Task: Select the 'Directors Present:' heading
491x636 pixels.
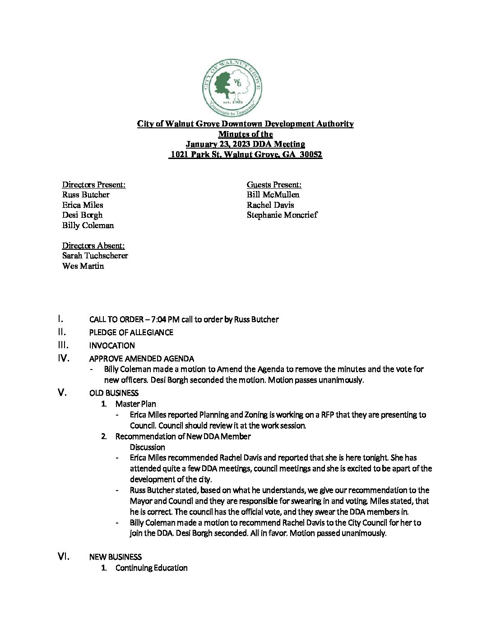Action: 94,184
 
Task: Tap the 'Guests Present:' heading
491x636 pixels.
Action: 274,184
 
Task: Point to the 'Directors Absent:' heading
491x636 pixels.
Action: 93,245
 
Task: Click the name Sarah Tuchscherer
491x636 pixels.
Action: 95,256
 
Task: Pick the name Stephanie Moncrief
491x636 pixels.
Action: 282,215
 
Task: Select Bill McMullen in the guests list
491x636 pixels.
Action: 273,195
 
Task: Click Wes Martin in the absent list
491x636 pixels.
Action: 83,266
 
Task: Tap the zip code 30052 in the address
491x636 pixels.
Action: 311,154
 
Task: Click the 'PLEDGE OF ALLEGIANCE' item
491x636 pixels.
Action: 131,332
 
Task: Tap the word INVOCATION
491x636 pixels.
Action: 112,346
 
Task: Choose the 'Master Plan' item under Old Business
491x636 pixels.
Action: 136,404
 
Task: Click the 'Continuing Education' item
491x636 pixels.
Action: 152,568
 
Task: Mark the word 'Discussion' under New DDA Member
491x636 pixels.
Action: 148,447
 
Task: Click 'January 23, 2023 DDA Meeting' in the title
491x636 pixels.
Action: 245,144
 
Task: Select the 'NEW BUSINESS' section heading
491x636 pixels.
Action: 116,557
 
